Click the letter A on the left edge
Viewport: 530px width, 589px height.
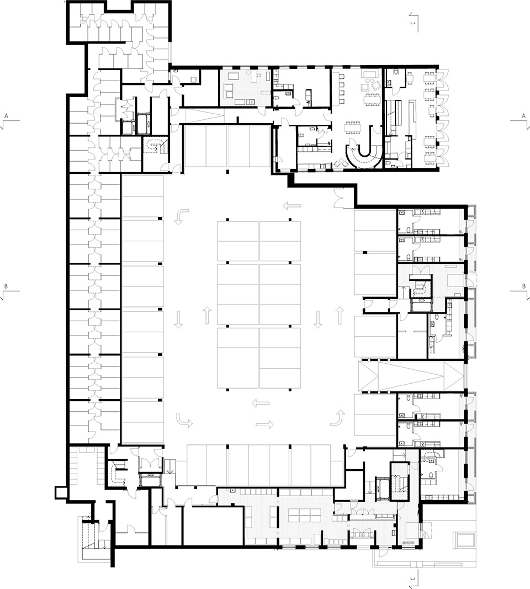tap(6, 115)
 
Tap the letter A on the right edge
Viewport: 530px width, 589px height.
tap(523, 115)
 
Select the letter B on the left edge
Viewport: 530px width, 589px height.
tap(6, 286)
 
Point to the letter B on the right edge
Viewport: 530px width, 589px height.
tap(523, 286)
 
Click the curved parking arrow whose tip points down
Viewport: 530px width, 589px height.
tap(181, 216)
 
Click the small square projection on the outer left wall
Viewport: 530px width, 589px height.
tap(60, 491)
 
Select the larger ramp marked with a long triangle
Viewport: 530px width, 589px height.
tap(411, 377)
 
